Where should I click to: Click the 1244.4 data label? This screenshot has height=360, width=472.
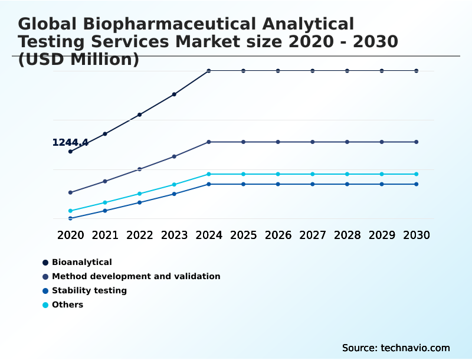pos(70,142)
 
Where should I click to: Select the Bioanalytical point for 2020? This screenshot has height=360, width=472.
pos(70,152)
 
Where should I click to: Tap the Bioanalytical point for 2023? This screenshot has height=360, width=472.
pos(174,94)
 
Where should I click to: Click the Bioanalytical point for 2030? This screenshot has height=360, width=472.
pos(417,71)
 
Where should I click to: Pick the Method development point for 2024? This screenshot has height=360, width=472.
pos(209,142)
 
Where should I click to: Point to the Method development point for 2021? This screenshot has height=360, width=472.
pos(105,181)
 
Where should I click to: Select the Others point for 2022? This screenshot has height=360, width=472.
pos(140,194)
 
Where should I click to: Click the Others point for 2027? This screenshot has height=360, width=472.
pos(313,174)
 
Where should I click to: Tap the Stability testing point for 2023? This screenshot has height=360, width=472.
pos(174,194)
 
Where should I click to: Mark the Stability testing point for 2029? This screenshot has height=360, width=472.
pos(382,184)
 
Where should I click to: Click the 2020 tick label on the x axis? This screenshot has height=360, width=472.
pos(70,235)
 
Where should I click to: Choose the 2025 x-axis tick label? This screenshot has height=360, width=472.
pos(243,235)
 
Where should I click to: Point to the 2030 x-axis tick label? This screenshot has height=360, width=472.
pos(417,235)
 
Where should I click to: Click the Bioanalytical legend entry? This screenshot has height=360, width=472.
pos(81,262)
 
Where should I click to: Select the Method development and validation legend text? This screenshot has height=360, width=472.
pos(136,276)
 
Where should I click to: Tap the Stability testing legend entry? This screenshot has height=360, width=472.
pos(89,290)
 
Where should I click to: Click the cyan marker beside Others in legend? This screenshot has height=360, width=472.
pos(45,305)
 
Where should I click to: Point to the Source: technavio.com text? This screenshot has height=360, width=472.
pos(396,348)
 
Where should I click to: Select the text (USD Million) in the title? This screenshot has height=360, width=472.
pos(78,60)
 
